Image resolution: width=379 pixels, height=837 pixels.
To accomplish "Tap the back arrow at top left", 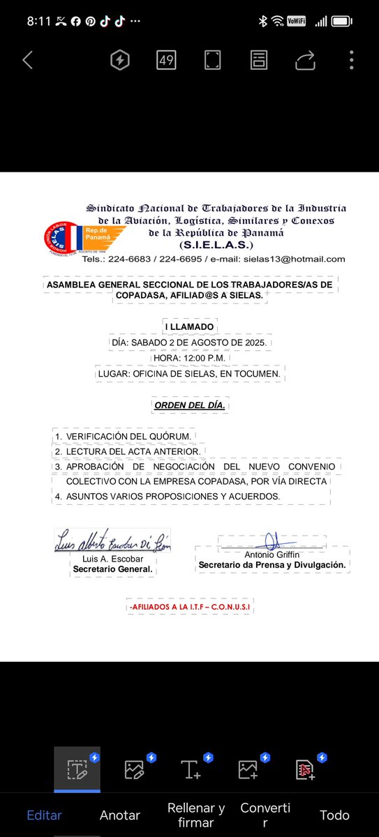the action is [x=27, y=60].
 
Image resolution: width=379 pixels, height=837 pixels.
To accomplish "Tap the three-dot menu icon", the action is [x=351, y=60].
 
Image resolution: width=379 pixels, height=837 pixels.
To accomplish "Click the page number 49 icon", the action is [x=166, y=60].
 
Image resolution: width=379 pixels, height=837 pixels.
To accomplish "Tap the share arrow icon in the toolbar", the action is [x=305, y=61].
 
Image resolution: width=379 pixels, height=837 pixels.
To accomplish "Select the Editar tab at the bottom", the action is [x=45, y=815].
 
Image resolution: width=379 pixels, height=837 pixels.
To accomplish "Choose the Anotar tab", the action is [x=120, y=815].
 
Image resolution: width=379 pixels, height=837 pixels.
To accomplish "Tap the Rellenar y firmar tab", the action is [x=196, y=815].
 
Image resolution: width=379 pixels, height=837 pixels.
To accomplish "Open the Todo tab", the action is [x=334, y=815].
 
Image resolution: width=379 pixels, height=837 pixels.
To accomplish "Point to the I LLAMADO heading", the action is [x=189, y=326].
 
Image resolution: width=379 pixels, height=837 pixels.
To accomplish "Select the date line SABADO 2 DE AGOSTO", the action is [x=191, y=342].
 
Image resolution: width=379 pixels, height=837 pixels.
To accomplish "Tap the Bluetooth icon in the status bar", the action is [x=263, y=21].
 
